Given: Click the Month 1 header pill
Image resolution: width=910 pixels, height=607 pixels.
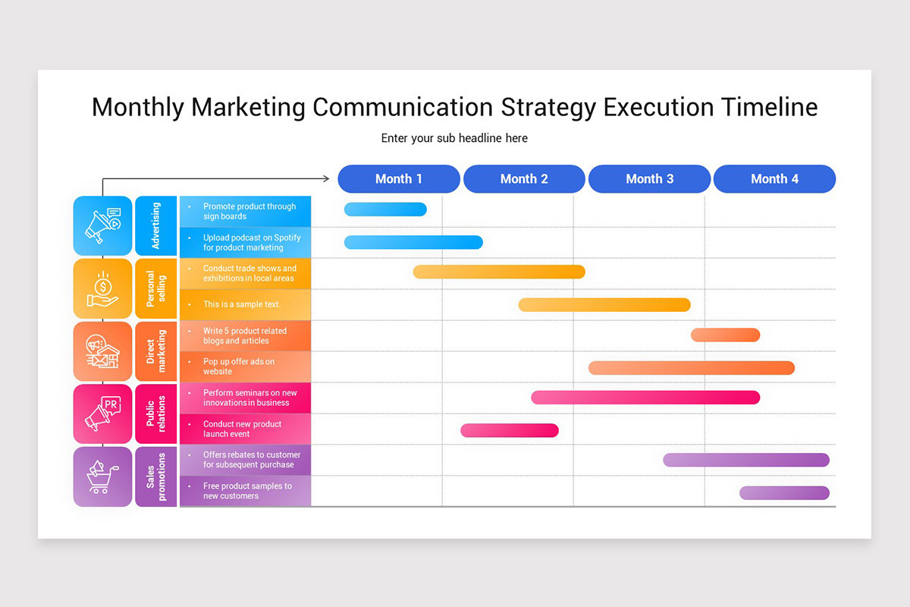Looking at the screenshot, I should coord(399,179).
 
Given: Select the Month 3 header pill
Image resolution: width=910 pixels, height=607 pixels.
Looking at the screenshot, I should coord(649,179).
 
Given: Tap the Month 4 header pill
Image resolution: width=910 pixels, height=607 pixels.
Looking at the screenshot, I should coord(774,179).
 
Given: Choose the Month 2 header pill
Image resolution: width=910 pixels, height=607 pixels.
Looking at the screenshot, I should coord(524,179).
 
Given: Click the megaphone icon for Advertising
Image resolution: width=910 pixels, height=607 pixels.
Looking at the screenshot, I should coord(102,225).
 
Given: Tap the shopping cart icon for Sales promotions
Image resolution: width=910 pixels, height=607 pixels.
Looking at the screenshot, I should coord(102,476).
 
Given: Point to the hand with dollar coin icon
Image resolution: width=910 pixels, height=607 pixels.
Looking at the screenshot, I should coord(102,288).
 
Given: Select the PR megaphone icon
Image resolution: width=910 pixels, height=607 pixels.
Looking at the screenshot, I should coord(102,414).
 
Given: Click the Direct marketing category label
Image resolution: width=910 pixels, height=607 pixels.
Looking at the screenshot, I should coord(155,351).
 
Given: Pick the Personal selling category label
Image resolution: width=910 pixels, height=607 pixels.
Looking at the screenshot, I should coord(155,288).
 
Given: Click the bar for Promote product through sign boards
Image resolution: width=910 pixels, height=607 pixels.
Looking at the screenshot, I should coord(385,209).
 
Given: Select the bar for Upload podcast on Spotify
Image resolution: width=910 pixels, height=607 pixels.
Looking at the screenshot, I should coord(413,242).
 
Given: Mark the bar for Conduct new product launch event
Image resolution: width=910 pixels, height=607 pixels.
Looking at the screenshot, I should coord(510,430).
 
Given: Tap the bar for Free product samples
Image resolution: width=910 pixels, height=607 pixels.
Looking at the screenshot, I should coord(784,492).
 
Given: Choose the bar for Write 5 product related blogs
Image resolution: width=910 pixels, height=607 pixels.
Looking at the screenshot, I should coord(725,335).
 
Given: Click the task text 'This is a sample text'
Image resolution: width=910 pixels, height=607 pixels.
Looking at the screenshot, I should coord(240,304).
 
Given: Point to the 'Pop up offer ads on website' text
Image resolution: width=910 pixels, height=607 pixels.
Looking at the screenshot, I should coord(239,366).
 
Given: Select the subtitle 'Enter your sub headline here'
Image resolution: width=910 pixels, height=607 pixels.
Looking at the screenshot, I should coord(454,138).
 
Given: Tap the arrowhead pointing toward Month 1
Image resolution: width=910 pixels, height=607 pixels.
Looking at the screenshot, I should coord(326,179).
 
